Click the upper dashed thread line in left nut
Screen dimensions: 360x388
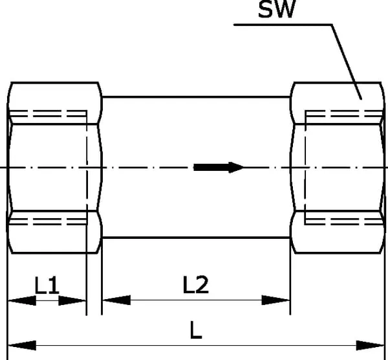tap(48, 114)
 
